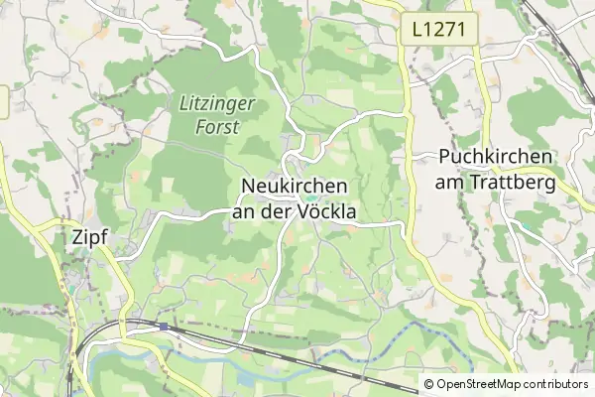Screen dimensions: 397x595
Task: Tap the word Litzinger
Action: (x=217, y=102)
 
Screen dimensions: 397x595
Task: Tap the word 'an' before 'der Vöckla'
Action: (x=245, y=211)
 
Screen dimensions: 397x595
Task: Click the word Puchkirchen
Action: (x=496, y=157)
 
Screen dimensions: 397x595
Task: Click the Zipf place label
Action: (x=90, y=237)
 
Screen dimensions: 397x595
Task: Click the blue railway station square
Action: (x=162, y=325)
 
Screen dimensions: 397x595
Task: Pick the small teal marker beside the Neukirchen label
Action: (x=310, y=197)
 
